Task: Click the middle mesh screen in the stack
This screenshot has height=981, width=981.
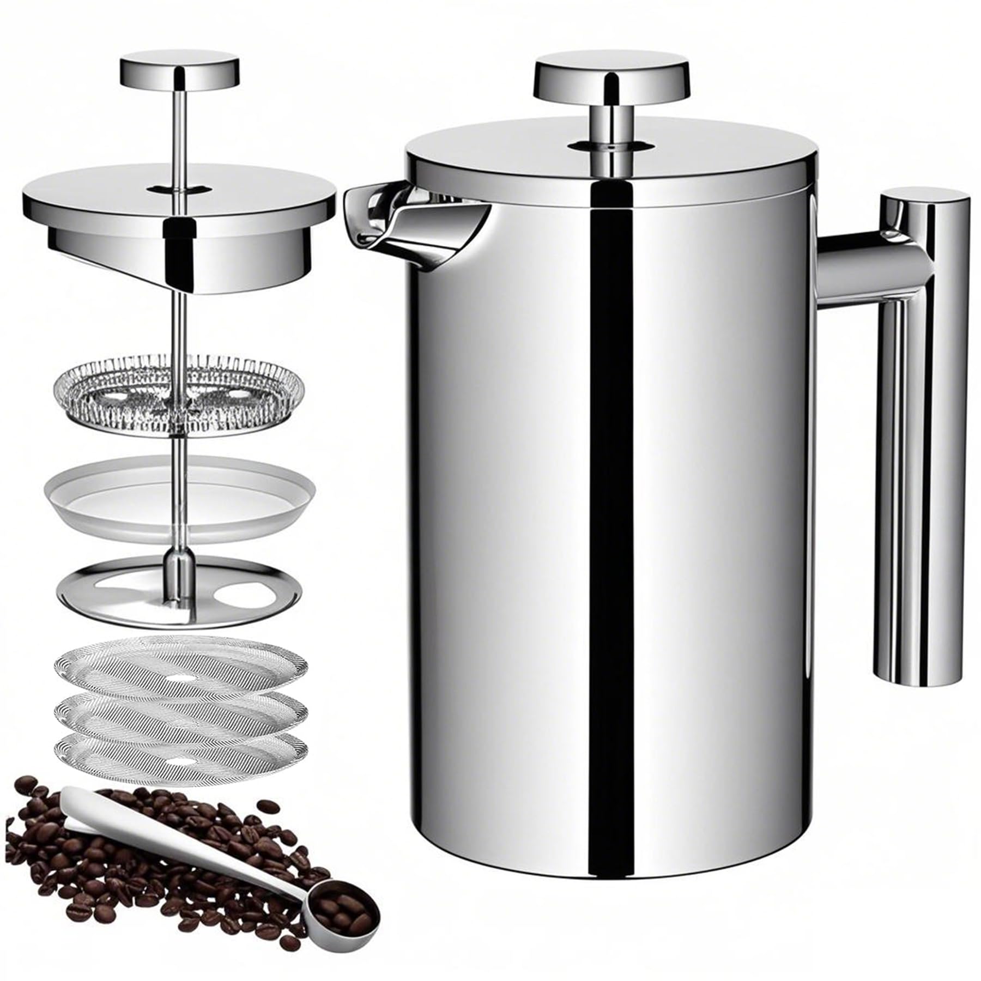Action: click(x=180, y=708)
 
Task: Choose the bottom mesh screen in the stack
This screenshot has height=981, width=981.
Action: click(x=180, y=752)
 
